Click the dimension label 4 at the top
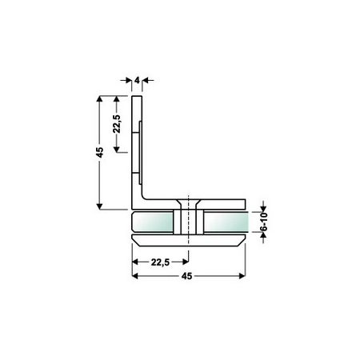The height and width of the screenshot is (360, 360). coord(137,80)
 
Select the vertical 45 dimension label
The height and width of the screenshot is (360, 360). coord(100,152)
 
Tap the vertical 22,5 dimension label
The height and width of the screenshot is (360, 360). coord(117,124)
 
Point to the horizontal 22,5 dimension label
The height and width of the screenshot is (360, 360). coord(160,262)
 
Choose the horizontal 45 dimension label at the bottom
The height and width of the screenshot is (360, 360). coord(186,276)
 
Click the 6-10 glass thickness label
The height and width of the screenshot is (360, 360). coord(263,222)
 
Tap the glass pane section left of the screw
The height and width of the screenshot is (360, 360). coord(153,222)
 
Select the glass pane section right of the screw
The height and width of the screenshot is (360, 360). coord(226,222)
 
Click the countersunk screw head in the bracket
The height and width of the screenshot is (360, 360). coord(189,203)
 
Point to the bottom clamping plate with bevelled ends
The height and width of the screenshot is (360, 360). coord(189,241)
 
